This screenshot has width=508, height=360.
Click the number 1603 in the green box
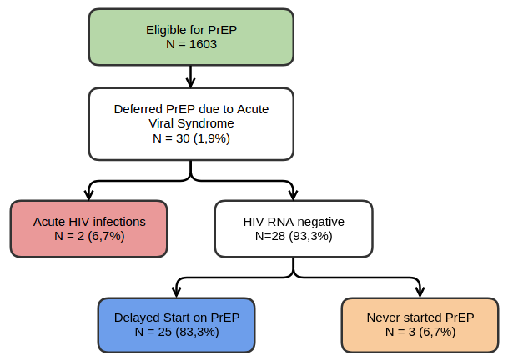pyautogui.click(x=203, y=44)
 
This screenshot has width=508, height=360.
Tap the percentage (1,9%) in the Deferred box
pyautogui.click(x=212, y=138)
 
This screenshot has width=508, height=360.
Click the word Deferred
pyautogui.click(x=138, y=109)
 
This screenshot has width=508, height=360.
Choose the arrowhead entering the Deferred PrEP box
pyautogui.click(x=191, y=82)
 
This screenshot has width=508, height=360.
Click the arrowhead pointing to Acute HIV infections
pyautogui.click(x=88, y=195)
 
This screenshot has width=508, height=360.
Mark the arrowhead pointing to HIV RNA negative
pyautogui.click(x=293, y=195)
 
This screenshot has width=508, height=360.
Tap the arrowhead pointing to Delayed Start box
pyautogui.click(x=176, y=292)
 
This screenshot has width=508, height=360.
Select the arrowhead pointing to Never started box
pyautogui.click(x=420, y=292)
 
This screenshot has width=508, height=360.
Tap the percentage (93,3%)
pyautogui.click(x=310, y=236)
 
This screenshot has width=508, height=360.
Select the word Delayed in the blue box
pyautogui.click(x=137, y=317)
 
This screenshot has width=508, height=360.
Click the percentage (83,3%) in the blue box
pyautogui.click(x=197, y=332)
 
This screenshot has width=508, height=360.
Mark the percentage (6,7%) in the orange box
pyautogui.click(x=437, y=332)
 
